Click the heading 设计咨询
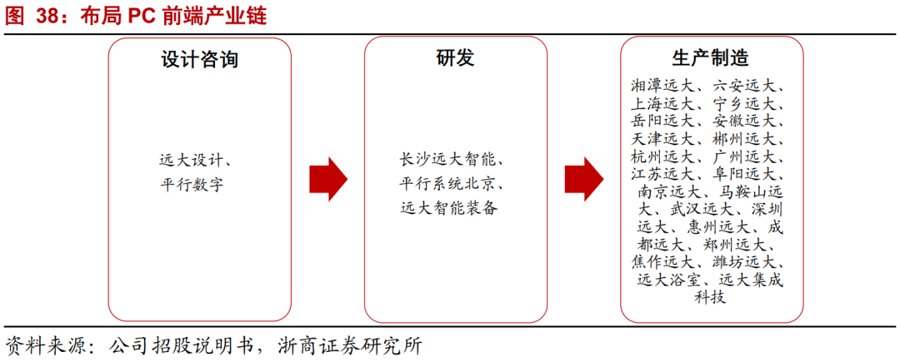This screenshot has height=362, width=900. (199, 59)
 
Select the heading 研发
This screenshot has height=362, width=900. (455, 59)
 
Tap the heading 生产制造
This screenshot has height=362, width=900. (710, 59)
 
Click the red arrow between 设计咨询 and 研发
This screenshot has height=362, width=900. (327, 178)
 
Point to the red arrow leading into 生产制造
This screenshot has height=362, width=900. (583, 178)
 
